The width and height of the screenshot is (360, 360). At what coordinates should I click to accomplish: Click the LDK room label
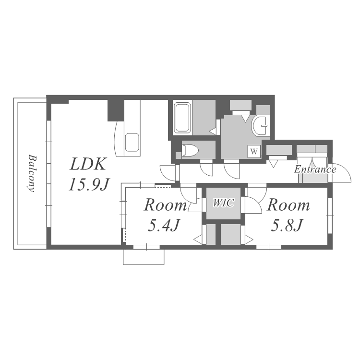[x=88, y=164]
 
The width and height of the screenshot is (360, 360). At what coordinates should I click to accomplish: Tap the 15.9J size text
[x=88, y=184]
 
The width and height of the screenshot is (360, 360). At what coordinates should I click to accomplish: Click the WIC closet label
[x=223, y=203]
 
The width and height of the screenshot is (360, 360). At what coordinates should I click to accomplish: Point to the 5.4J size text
[x=164, y=225]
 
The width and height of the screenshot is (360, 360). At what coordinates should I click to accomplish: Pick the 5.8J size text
[x=286, y=225]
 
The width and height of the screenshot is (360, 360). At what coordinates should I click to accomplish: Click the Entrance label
[x=315, y=169]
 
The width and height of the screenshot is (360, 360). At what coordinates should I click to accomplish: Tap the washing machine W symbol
[x=254, y=151]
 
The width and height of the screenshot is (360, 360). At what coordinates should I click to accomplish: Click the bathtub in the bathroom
[x=182, y=118]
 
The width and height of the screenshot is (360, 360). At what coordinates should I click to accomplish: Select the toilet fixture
[x=190, y=150]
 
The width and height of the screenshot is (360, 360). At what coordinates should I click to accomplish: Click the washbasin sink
[x=260, y=126]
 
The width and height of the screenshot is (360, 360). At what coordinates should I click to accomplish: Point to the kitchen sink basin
[x=132, y=143]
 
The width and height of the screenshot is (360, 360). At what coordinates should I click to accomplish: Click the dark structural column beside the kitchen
[x=116, y=110]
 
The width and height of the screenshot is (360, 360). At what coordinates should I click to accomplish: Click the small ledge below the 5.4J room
[x=144, y=257]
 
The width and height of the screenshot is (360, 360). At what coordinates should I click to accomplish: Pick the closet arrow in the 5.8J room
[x=249, y=240]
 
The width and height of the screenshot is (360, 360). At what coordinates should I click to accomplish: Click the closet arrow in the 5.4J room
[x=198, y=240]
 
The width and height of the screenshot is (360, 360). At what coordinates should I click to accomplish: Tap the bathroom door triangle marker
[x=213, y=131]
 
